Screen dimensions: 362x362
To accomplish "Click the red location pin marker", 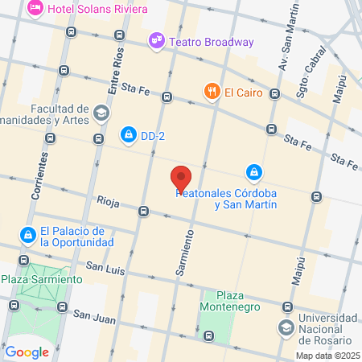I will pyautogui.click(x=181, y=178).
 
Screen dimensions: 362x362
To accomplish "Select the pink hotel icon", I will pyautogui.click(x=35, y=8).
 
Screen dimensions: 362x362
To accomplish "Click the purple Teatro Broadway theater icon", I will pyautogui.click(x=155, y=40).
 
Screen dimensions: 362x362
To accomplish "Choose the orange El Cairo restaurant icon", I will pyautogui.click(x=212, y=92).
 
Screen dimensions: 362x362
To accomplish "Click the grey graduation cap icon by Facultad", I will pyautogui.click(x=101, y=113).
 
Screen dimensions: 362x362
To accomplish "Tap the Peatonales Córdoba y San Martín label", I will pyautogui.click(x=227, y=199).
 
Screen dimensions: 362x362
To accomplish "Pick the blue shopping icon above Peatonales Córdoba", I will pyautogui.click(x=253, y=171).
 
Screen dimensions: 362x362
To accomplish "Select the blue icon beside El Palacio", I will pyautogui.click(x=27, y=234).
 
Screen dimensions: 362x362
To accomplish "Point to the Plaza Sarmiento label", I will pyautogui.click(x=41, y=279).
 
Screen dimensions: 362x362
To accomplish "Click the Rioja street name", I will pyautogui.click(x=107, y=200).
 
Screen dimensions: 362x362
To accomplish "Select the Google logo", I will pyautogui.click(x=27, y=352).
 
